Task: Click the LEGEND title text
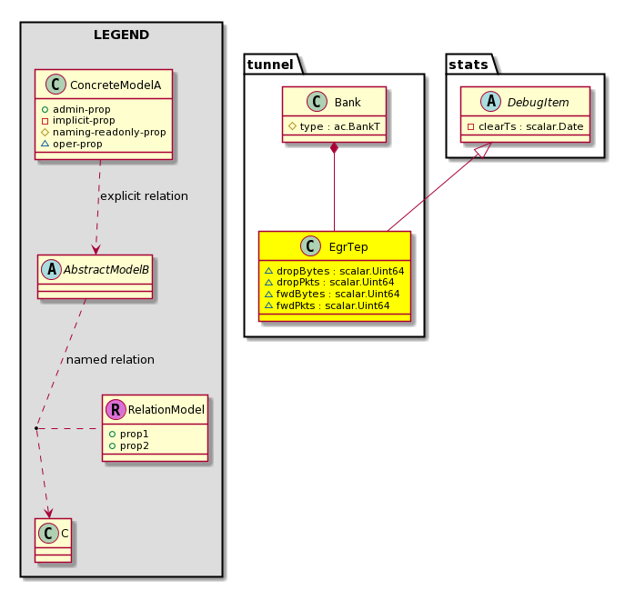click(x=121, y=35)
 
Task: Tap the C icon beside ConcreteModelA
click(x=55, y=85)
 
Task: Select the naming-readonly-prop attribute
click(x=109, y=132)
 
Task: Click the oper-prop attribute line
click(x=77, y=144)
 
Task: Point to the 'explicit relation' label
click(x=144, y=196)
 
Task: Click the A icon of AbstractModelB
click(x=52, y=269)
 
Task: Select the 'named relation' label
click(x=110, y=360)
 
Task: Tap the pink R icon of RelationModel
click(x=116, y=410)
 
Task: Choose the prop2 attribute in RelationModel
click(x=134, y=445)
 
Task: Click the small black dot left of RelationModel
click(x=36, y=428)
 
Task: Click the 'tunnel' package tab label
click(x=269, y=65)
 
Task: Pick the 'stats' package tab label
click(x=469, y=65)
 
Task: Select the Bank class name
click(x=348, y=103)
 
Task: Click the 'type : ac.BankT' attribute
click(x=339, y=126)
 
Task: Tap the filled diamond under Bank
click(x=334, y=148)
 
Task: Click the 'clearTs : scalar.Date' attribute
click(x=530, y=126)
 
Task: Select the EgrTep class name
click(x=348, y=246)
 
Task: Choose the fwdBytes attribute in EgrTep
click(x=338, y=295)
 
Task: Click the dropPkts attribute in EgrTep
click(x=335, y=283)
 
